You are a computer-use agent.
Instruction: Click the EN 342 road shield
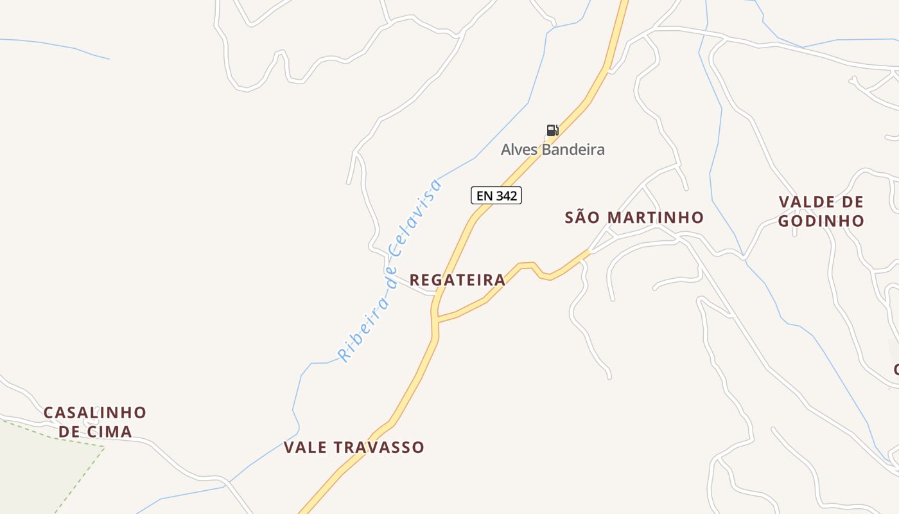pos(496,195)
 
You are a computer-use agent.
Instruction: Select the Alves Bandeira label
pos(552,150)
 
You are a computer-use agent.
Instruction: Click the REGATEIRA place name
pos(457,280)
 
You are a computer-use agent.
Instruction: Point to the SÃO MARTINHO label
pos(634,218)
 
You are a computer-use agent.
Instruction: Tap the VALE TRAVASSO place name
pos(354,447)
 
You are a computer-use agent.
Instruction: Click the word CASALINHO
pos(95,412)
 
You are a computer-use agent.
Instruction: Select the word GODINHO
pos(821,221)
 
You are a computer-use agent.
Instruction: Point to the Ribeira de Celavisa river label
pos(390,270)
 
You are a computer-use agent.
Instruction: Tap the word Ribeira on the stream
pos(363,326)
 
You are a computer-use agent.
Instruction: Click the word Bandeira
pos(572,150)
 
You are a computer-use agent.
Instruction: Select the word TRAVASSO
pos(383,447)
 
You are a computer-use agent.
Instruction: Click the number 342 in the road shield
pos(507,195)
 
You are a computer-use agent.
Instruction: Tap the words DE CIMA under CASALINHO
pos(95,431)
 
